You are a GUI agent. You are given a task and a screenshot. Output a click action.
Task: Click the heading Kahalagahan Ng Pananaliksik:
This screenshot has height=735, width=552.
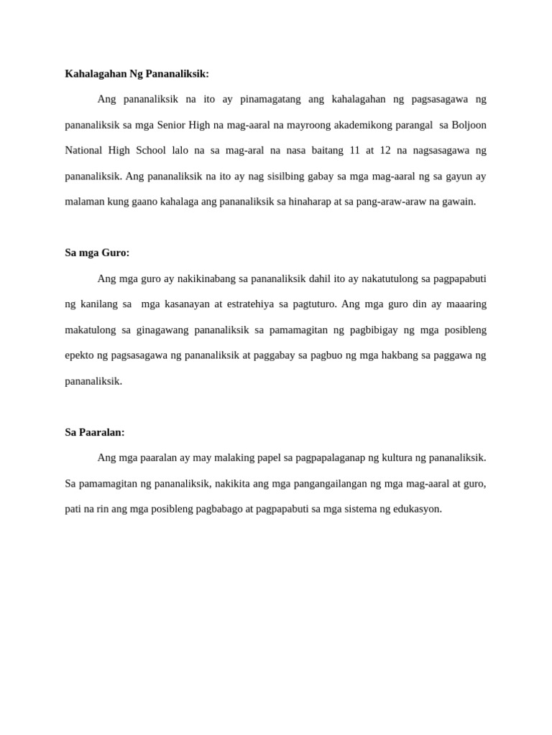137,73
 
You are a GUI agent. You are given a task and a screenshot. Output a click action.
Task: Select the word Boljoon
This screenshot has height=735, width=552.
469,125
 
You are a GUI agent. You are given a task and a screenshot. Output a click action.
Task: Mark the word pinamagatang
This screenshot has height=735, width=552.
268,99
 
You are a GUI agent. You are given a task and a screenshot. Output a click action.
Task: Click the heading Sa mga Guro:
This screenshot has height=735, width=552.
97,253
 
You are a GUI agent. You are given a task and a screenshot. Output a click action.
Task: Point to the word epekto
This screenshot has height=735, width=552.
79,355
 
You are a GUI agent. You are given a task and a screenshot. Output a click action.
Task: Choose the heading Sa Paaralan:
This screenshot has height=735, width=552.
95,432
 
